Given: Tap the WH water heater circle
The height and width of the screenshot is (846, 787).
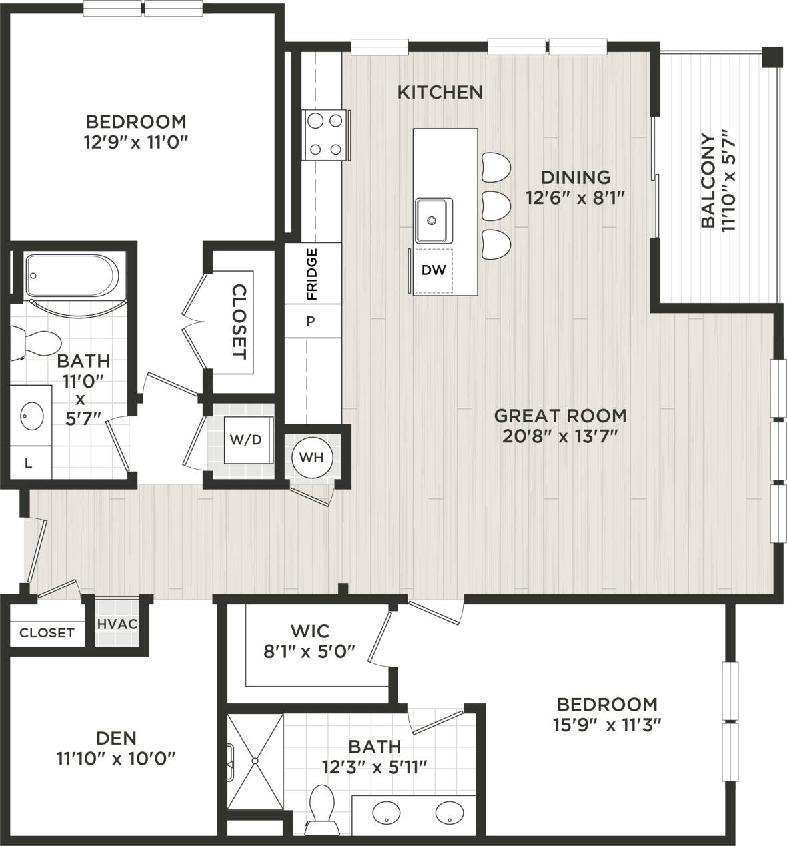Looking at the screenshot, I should [x=311, y=458].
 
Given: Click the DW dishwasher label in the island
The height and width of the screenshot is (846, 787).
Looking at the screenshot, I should [x=433, y=270].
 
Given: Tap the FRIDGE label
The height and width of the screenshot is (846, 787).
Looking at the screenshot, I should [x=311, y=274].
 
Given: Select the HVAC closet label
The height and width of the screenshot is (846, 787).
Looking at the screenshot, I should [x=117, y=624].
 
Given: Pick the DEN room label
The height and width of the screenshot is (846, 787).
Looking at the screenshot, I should [x=117, y=737].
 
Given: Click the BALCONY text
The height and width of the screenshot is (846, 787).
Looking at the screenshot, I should [x=708, y=181].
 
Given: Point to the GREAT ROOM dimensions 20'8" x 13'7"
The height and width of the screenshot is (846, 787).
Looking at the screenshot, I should [x=560, y=436].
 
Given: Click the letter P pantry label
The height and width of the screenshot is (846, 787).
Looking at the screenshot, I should [x=310, y=321].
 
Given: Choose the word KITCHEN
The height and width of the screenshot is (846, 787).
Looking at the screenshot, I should [x=440, y=92].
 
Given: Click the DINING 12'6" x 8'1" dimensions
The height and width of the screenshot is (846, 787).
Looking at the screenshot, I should [x=576, y=198].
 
